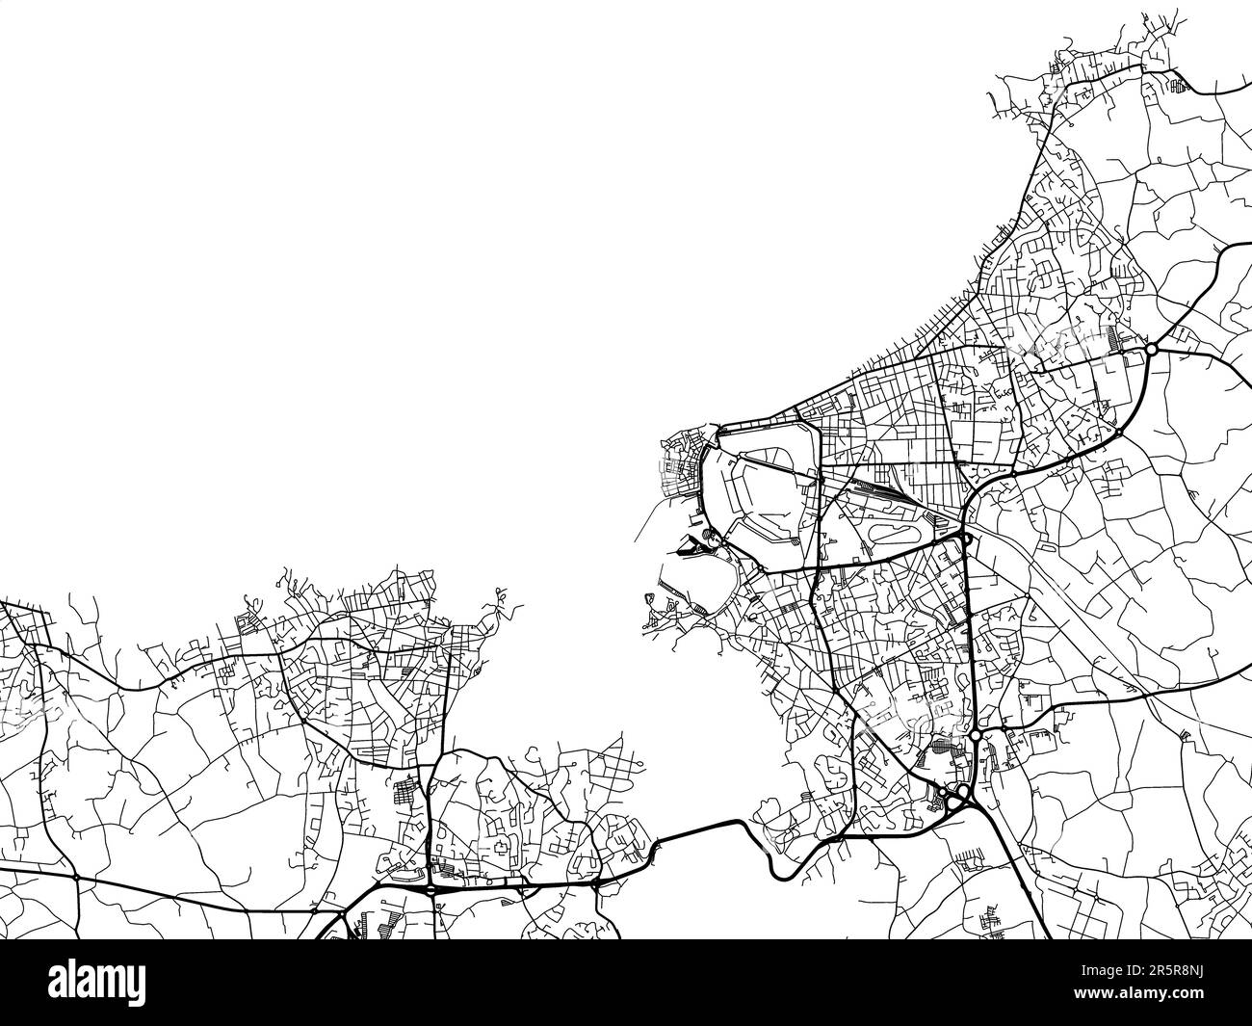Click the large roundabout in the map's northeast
1150,349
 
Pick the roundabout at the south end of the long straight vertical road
976,736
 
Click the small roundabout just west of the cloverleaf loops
940,793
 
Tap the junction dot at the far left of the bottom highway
75,879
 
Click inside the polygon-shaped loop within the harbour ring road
769,491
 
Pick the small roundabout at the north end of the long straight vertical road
965,536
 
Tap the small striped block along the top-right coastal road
1176,87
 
